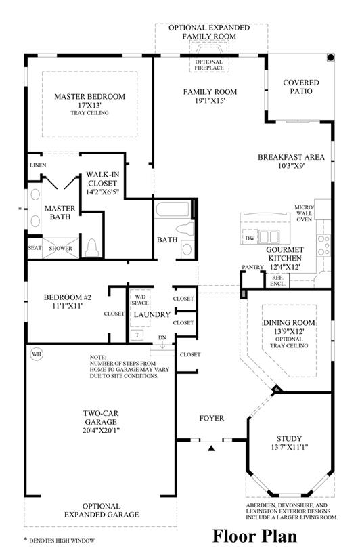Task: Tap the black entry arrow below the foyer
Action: click(211, 448)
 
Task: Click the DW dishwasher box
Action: click(250, 238)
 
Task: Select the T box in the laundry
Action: click(137, 335)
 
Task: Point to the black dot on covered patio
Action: click(330, 58)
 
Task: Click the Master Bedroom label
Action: click(89, 96)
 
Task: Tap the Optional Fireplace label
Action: click(209, 65)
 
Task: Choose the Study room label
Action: click(289, 439)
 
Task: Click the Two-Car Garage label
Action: click(101, 417)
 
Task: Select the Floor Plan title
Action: click(254, 536)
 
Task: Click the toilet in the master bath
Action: click(92, 248)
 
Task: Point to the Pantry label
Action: click(252, 268)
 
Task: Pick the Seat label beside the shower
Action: click(35, 248)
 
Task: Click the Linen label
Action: click(38, 165)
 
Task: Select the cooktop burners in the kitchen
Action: click(323, 245)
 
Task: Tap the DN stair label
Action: click(162, 337)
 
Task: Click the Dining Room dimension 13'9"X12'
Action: click(289, 331)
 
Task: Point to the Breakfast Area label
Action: click(291, 157)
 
